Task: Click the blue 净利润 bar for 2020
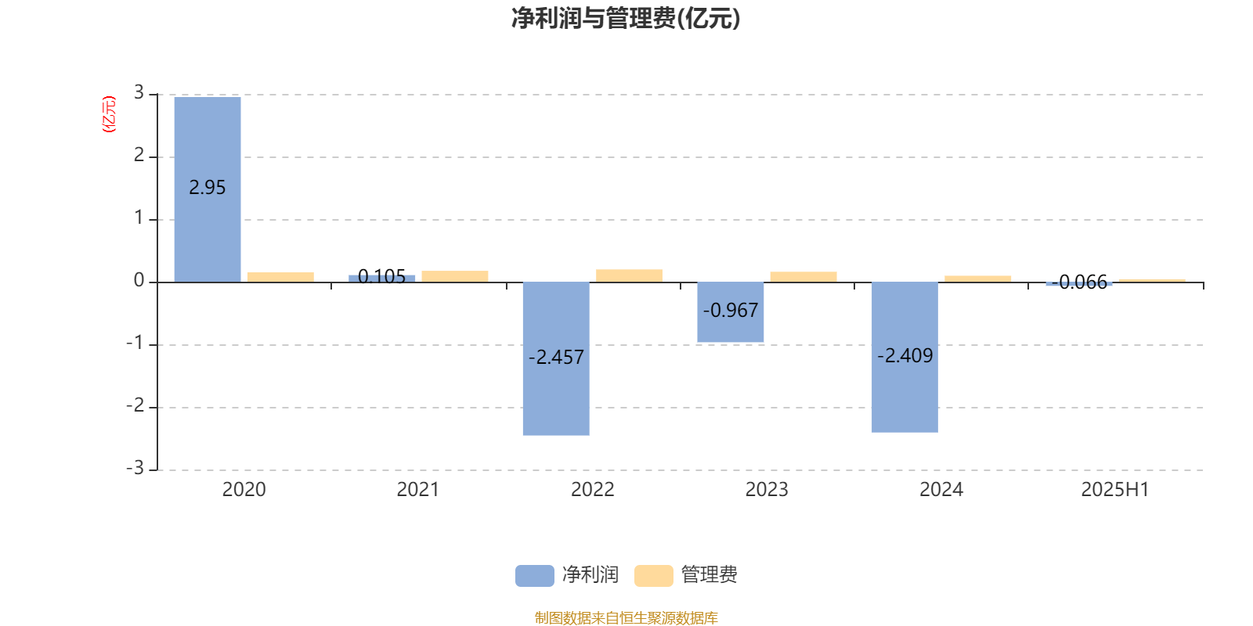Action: coord(208,189)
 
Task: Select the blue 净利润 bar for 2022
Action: coord(556,359)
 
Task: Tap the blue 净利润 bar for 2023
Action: coord(731,312)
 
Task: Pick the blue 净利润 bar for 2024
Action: coord(905,357)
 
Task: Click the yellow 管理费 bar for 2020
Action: coord(281,277)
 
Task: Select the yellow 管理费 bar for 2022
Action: coord(630,276)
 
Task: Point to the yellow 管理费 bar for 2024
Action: coord(978,279)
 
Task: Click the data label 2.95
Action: coord(207,188)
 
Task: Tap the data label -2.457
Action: coord(556,357)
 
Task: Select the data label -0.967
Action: coord(731,310)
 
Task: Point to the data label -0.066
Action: coord(1079,282)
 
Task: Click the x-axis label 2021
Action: coord(418,490)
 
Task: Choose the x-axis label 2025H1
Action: coord(1115,490)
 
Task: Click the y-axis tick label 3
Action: coord(139,92)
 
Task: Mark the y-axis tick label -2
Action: coord(135,406)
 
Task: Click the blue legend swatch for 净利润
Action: coord(535,576)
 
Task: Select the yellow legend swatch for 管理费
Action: coord(653,576)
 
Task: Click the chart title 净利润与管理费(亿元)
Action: coord(626,19)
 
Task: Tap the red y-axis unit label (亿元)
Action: coord(109,114)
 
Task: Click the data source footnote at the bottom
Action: coord(626,617)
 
